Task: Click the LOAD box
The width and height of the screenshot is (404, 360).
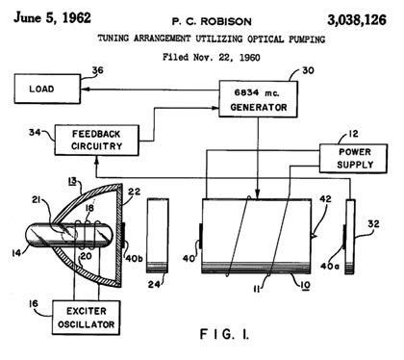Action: [x=47, y=89]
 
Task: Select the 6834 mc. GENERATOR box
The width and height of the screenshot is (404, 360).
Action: [x=258, y=99]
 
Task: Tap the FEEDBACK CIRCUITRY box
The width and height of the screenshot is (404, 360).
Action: [x=96, y=141]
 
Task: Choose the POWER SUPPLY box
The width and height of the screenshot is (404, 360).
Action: [x=353, y=159]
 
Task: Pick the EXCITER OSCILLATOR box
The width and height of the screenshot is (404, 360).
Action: [x=87, y=318]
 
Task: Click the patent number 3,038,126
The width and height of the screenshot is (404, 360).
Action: [x=357, y=20]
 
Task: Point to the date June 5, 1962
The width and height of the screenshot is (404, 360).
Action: [x=52, y=17]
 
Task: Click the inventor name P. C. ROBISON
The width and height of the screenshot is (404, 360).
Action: [x=212, y=22]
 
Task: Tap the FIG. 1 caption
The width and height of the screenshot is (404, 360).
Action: [x=224, y=334]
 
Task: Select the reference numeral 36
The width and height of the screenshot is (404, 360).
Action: [x=97, y=70]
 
